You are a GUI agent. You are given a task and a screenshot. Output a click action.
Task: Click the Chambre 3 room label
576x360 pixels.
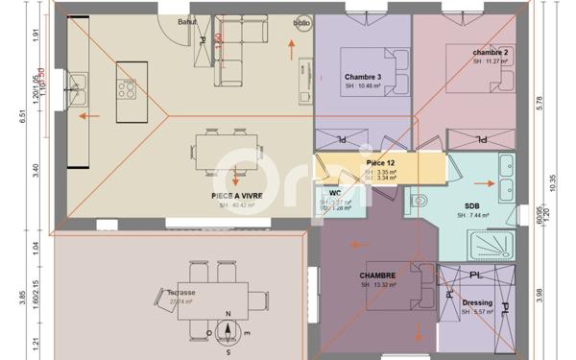coord(365,77)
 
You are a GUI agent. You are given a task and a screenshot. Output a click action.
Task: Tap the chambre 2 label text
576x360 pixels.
coord(491,52)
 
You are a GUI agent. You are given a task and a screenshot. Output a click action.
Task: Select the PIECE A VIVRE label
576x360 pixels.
coord(237,195)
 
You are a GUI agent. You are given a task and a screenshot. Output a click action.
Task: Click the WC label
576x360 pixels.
coord(335,193)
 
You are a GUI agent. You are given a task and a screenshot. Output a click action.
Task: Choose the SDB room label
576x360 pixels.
coord(472,206)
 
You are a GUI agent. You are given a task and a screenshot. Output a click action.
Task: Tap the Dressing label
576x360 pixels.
coord(476,303)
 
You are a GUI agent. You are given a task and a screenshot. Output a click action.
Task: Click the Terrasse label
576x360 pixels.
coord(180,293)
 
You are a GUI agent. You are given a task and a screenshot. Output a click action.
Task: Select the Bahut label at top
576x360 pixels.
coord(187,20)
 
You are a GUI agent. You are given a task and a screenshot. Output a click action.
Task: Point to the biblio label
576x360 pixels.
coord(300,21)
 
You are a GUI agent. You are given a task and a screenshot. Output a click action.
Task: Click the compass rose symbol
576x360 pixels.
coord(228,331)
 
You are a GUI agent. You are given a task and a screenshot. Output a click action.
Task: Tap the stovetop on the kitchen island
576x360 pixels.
coord(128,89)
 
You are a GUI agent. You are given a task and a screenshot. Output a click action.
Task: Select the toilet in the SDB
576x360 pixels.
coord(420,202)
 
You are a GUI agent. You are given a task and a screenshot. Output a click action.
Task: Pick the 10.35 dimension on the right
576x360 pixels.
coord(556,179)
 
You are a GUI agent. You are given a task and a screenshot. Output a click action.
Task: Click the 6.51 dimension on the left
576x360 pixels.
coord(35,117)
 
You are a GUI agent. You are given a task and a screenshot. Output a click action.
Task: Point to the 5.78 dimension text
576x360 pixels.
coord(541,101)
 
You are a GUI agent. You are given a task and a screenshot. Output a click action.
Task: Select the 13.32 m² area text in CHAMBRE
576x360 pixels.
coord(379,284)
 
